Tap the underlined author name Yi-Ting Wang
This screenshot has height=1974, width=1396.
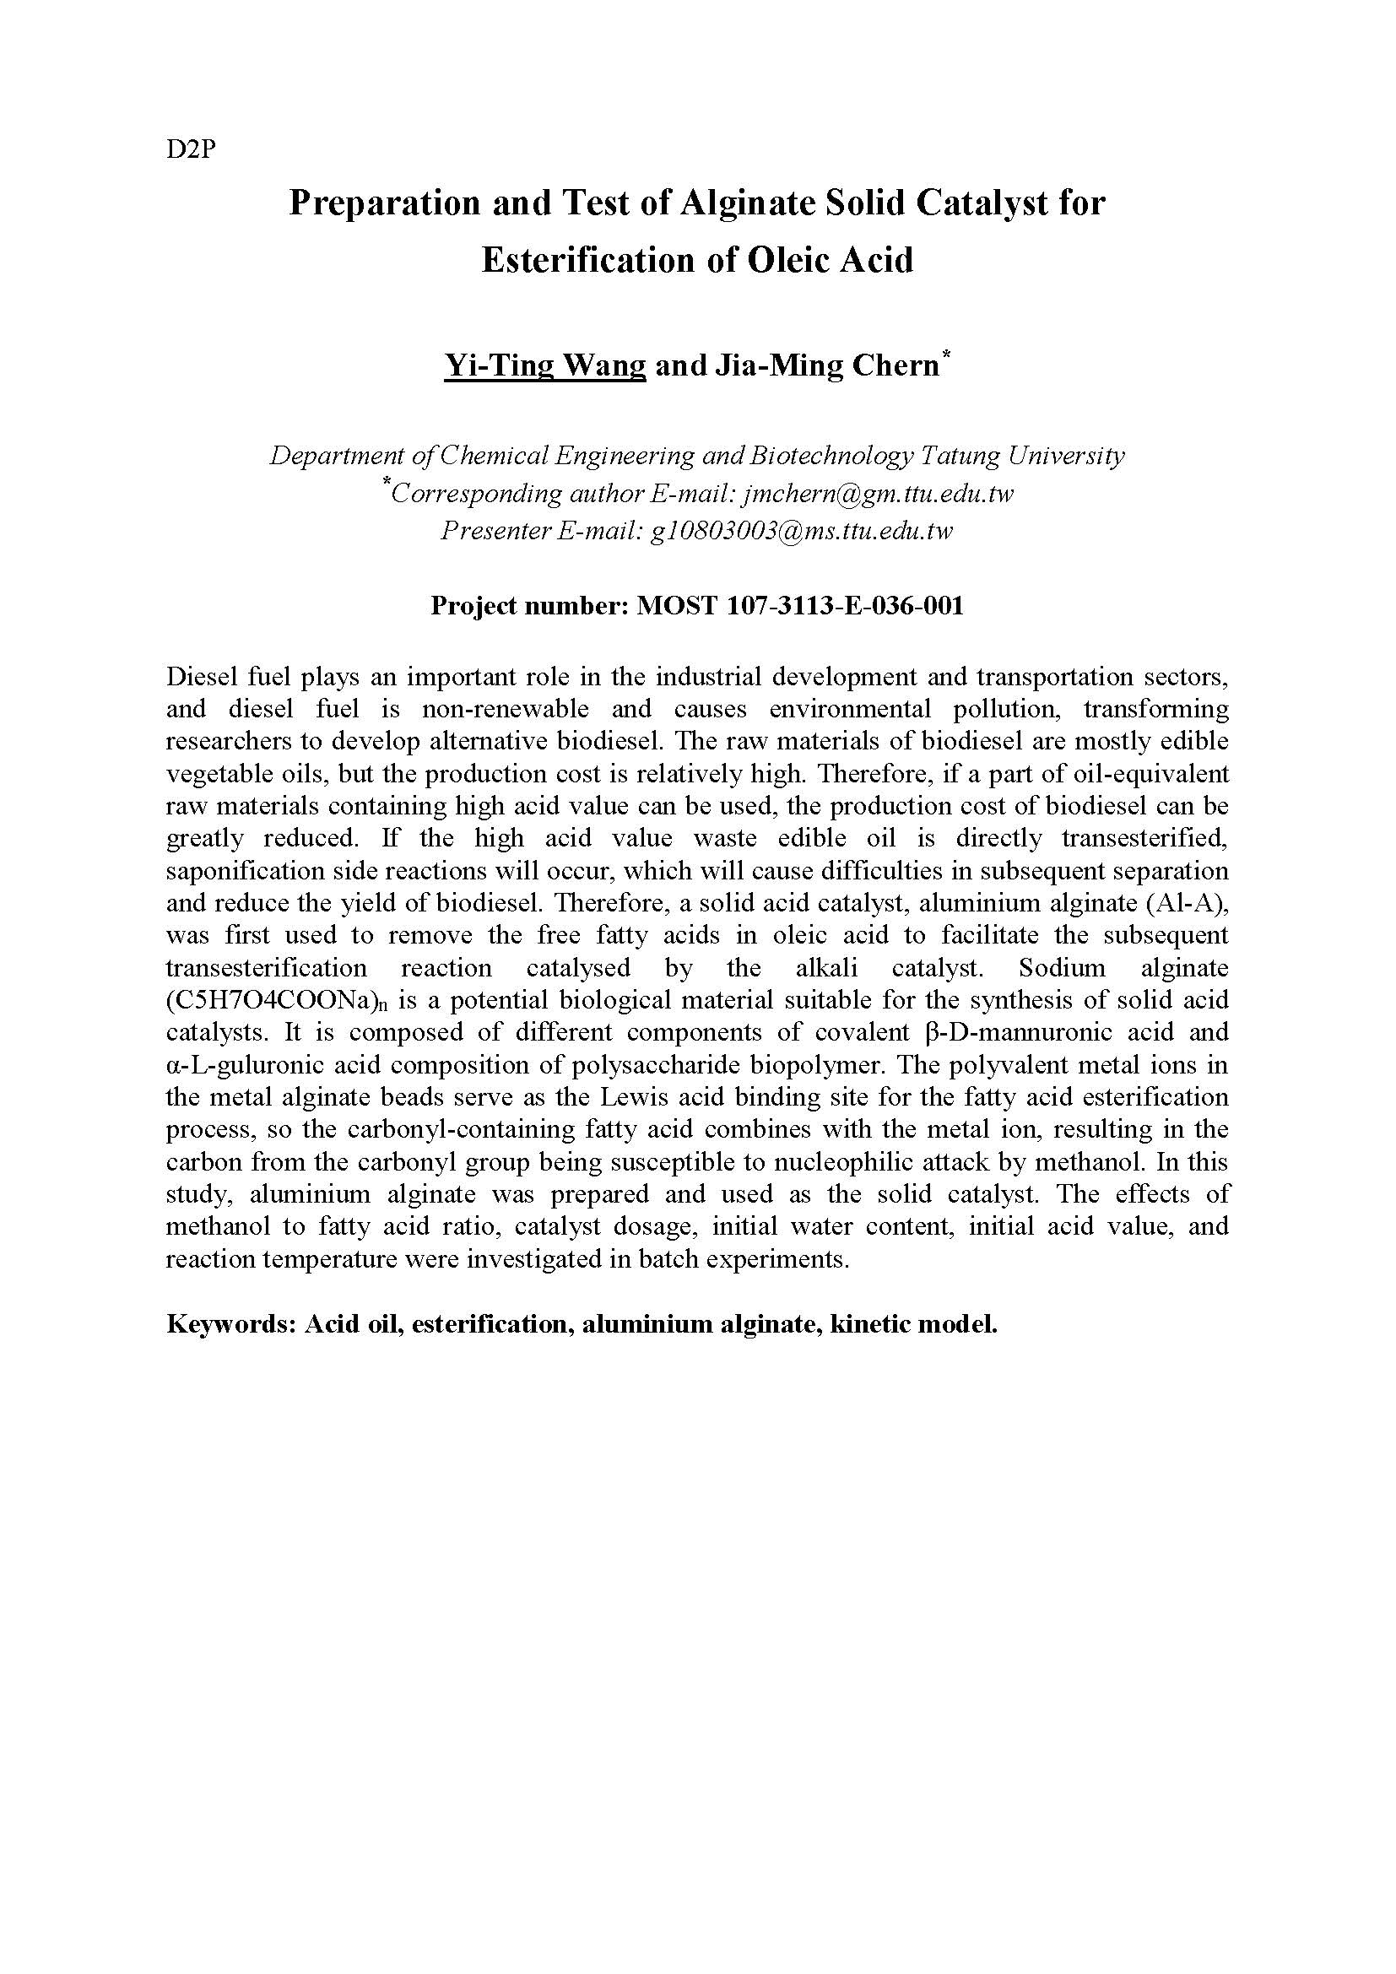coord(544,365)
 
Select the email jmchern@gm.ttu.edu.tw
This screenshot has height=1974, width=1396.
coord(878,494)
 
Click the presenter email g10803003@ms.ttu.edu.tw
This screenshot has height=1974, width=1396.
coord(801,532)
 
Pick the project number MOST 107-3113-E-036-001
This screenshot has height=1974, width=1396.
coord(798,606)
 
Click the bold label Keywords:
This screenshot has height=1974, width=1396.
coord(231,1323)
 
